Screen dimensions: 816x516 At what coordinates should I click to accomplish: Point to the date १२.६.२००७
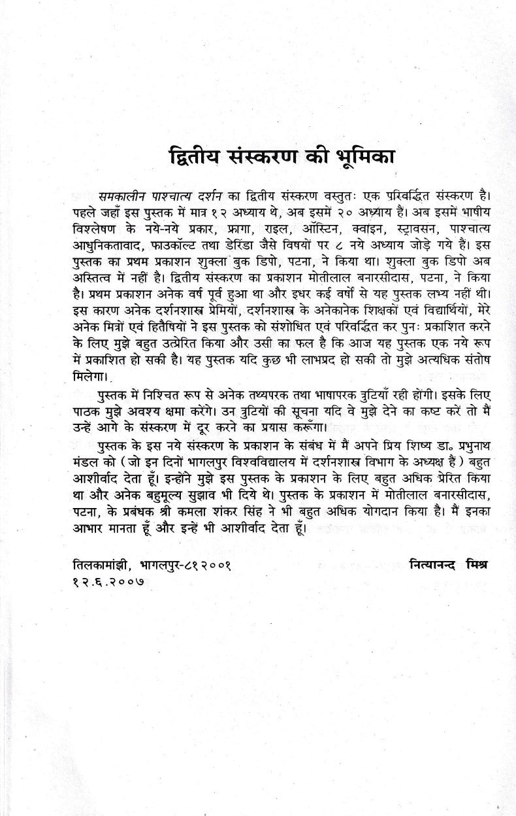pos(109,580)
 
